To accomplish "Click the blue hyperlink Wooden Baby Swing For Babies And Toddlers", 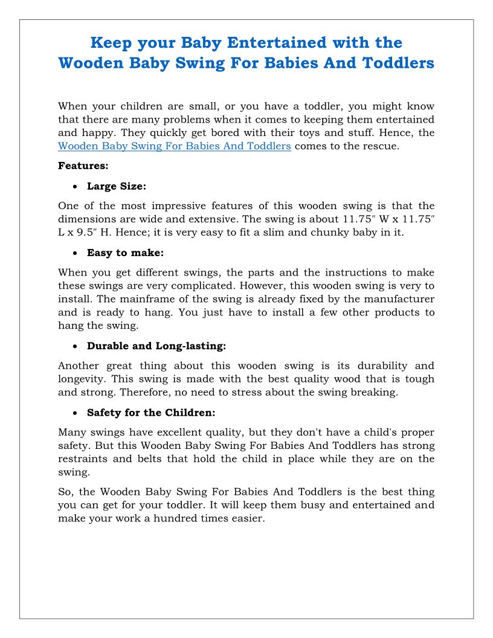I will tap(175, 146).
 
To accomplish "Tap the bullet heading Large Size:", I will tap(117, 186).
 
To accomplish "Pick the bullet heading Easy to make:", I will tap(125, 253).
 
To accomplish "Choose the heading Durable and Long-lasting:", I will tap(156, 346).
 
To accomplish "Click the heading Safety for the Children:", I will tap(151, 413).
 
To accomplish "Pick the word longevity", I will tap(83, 379).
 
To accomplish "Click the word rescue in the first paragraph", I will tap(382, 146).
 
